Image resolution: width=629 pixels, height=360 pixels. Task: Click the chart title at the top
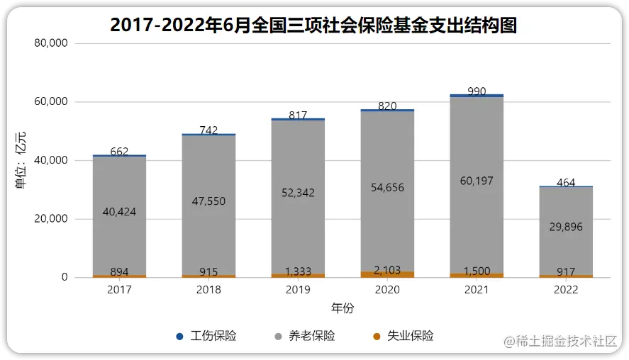[314, 26]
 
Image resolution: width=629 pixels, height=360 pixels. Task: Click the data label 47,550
[208, 201]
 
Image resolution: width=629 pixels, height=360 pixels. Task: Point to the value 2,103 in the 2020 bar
[387, 271]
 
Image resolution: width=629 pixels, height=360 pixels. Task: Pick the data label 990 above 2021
[477, 91]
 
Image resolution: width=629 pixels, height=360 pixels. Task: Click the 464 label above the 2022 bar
[566, 183]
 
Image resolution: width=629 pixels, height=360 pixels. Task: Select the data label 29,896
[566, 227]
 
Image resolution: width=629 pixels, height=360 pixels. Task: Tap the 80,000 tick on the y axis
[50, 43]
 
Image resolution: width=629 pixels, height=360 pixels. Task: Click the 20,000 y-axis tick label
[50, 219]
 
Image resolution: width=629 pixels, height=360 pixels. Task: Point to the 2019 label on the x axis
[298, 290]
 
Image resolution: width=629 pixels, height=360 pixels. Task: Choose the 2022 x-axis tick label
[566, 290]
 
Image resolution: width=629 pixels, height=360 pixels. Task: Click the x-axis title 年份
[343, 308]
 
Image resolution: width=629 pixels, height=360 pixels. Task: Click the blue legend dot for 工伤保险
[179, 337]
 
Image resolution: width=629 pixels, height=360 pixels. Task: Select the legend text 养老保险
[312, 337]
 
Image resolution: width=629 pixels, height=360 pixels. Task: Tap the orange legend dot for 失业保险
[377, 337]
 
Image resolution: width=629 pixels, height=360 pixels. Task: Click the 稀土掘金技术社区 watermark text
[565, 342]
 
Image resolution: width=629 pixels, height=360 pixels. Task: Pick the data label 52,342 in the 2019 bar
[298, 193]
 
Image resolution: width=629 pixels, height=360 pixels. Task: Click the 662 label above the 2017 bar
[119, 152]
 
